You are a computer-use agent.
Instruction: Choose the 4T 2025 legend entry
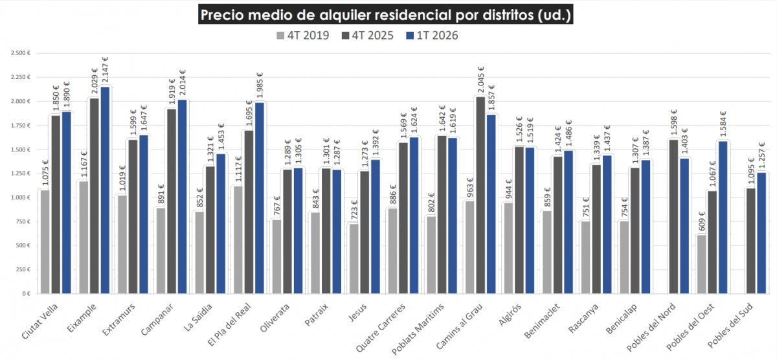tap(367, 36)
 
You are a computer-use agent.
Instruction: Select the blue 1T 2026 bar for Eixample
tap(105, 190)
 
